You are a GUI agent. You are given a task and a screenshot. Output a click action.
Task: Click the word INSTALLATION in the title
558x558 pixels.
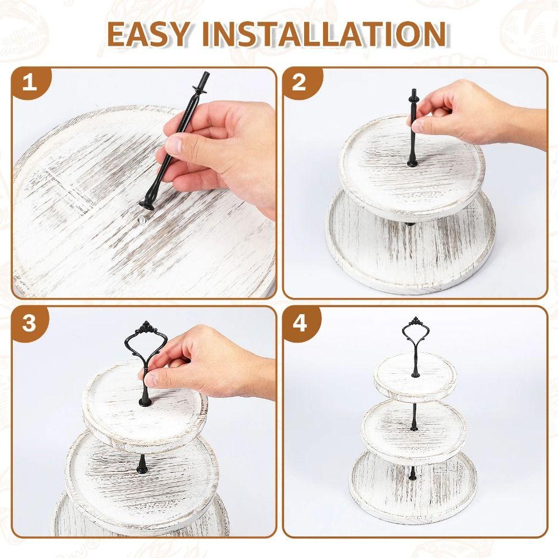tap(324, 34)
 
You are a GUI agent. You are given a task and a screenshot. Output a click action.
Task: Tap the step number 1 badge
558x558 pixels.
tap(30, 83)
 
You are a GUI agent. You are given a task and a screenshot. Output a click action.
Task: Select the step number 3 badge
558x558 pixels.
tap(29, 324)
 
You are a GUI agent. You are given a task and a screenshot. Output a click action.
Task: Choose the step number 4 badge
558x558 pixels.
tap(300, 323)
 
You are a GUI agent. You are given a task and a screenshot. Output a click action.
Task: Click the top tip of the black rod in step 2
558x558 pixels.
tap(413, 92)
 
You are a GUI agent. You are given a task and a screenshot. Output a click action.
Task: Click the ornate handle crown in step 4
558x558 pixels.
tap(414, 322)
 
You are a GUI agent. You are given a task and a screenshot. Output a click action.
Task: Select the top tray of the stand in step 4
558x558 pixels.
tap(415, 379)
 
